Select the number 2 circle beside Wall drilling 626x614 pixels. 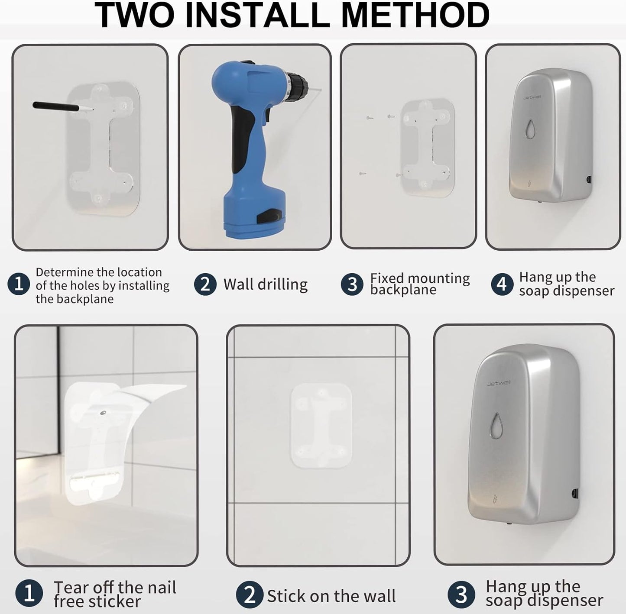(x=205, y=284)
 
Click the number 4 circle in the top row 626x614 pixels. (x=502, y=284)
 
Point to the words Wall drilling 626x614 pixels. (x=265, y=284)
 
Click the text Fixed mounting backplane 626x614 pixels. (x=419, y=284)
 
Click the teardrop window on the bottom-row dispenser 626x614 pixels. (x=496, y=425)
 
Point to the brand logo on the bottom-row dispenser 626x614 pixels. (x=498, y=384)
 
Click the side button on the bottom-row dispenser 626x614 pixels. (x=574, y=493)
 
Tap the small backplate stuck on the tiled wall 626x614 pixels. (x=321, y=426)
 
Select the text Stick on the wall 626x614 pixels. (x=331, y=596)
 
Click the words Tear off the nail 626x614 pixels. (x=115, y=588)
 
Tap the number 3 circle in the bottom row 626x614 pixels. (x=461, y=595)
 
